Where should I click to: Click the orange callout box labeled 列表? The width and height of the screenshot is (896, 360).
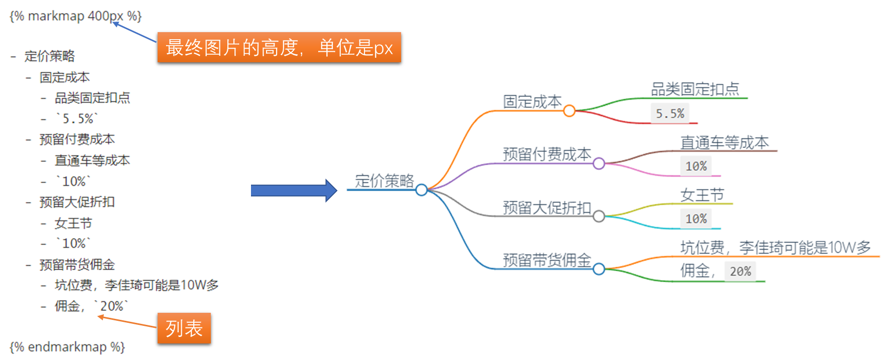pyautogui.click(x=184, y=328)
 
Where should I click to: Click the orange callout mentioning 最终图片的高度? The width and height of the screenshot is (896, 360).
pyautogui.click(x=279, y=48)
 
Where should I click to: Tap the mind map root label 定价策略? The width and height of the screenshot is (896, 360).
pyautogui.click(x=385, y=181)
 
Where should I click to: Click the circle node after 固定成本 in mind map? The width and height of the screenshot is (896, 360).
pyautogui.click(x=569, y=110)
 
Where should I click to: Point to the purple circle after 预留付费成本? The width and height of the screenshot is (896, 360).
pyautogui.click(x=598, y=163)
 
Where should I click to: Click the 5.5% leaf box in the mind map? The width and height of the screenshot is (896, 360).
pyautogui.click(x=670, y=113)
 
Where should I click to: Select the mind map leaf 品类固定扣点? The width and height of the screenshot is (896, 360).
pyautogui.click(x=695, y=89)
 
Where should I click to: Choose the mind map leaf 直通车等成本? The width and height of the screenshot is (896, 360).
pyautogui.click(x=724, y=143)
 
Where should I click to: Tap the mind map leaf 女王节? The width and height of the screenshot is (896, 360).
pyautogui.click(x=702, y=195)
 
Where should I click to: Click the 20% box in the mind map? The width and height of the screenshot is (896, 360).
pyautogui.click(x=740, y=271)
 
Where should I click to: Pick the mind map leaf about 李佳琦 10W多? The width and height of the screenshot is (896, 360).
pyautogui.click(x=776, y=248)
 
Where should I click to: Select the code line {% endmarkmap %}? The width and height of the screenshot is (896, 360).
pyautogui.click(x=67, y=347)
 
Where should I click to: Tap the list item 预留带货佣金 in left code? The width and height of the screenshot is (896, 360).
pyautogui.click(x=77, y=265)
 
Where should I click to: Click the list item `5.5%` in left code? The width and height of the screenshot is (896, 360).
pyautogui.click(x=78, y=119)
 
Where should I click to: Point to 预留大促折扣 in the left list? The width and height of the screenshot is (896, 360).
pyautogui.click(x=77, y=202)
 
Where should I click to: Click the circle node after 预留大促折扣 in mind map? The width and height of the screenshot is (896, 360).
pyautogui.click(x=598, y=216)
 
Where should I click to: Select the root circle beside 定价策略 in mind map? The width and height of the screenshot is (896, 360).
pyautogui.click(x=422, y=190)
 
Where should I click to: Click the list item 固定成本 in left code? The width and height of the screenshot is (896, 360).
pyautogui.click(x=65, y=77)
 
